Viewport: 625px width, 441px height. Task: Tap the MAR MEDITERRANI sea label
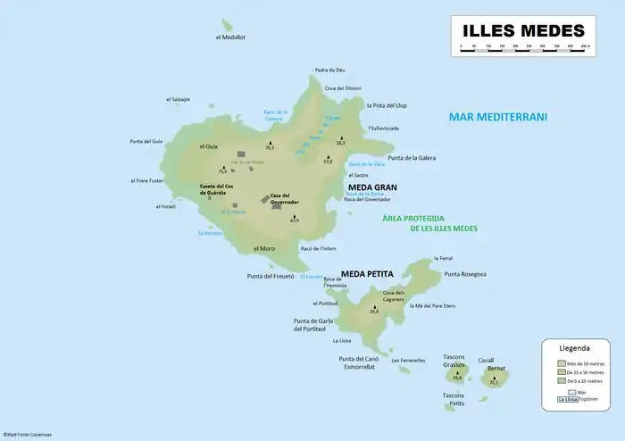click(x=497, y=117)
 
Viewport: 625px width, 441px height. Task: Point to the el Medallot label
click(x=230, y=37)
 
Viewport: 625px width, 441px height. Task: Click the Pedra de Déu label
click(x=329, y=70)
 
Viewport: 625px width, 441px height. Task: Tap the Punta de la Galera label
click(x=412, y=157)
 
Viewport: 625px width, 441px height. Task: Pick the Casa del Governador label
click(x=284, y=198)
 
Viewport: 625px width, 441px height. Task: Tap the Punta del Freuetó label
click(x=271, y=276)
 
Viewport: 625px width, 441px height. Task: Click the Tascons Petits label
click(x=454, y=399)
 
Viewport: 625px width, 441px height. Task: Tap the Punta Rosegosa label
click(x=465, y=274)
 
